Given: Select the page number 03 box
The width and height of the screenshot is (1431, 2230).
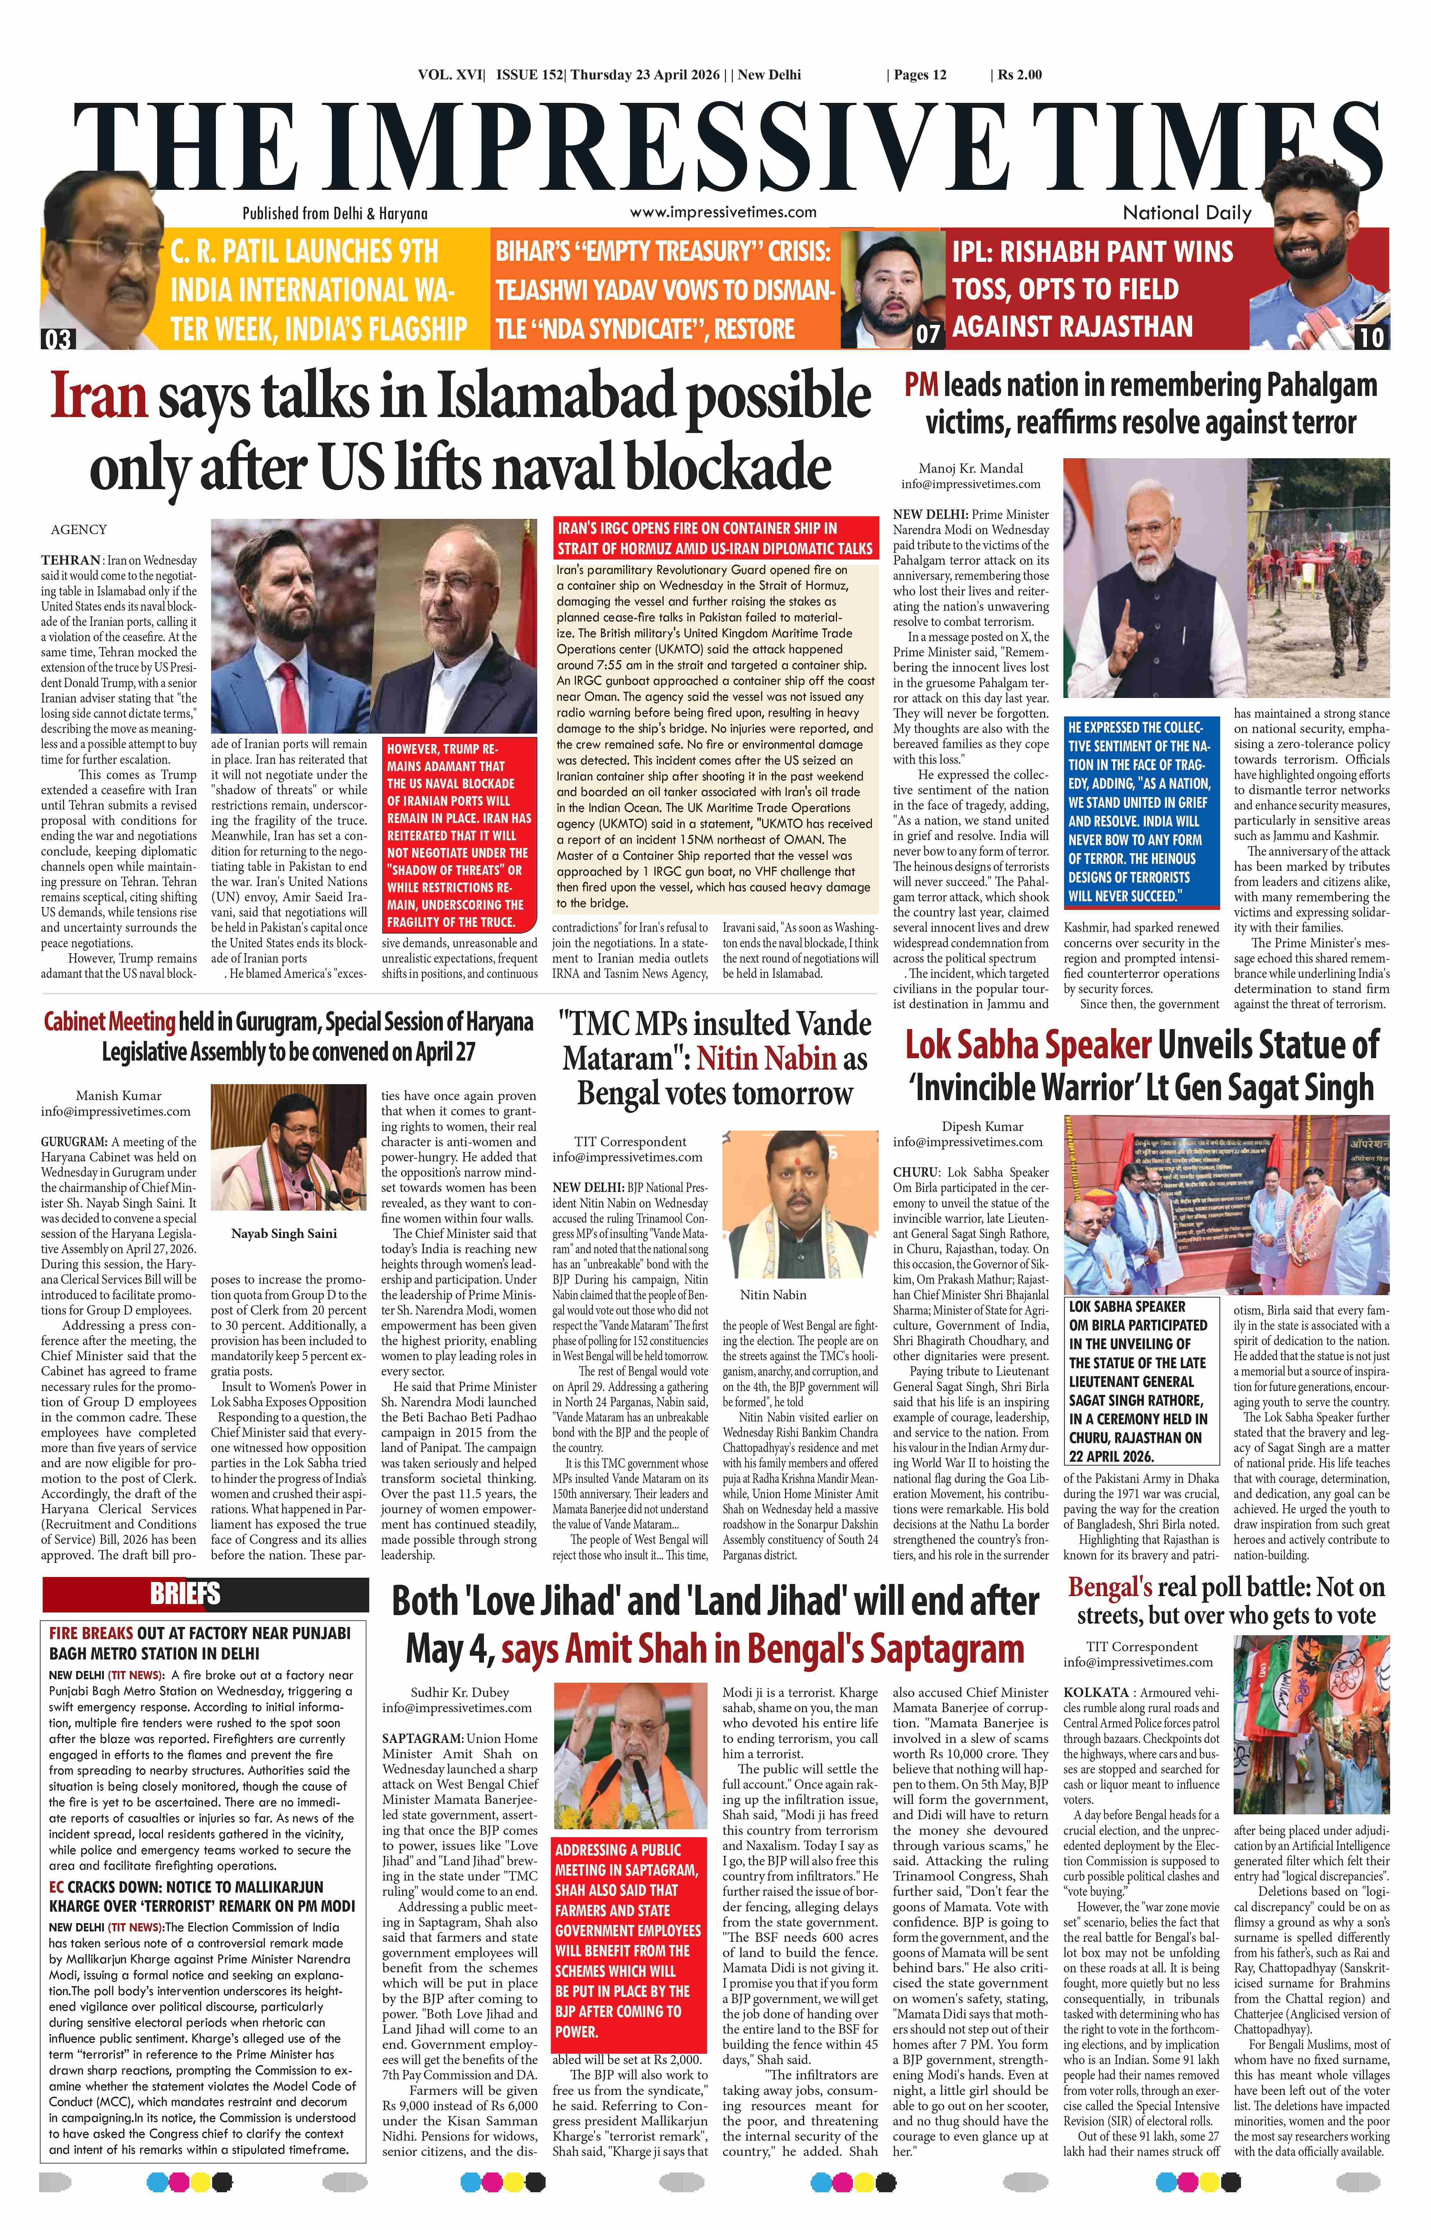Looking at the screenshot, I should (x=57, y=338).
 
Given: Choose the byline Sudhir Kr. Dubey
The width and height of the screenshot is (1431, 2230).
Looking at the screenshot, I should (x=459, y=1692).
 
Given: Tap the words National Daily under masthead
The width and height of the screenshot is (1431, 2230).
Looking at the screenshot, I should (x=1187, y=213).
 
